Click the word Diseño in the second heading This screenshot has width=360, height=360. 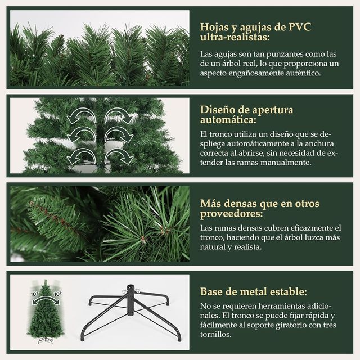(x=218, y=109)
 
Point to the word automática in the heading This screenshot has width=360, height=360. (x=227, y=120)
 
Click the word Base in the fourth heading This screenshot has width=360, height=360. (x=213, y=291)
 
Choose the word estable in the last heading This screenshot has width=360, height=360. (x=287, y=291)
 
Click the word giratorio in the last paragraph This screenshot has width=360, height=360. (x=298, y=325)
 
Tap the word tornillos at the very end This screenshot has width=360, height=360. (x=215, y=334)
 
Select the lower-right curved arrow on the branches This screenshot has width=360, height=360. (x=118, y=155)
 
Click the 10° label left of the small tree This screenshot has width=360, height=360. (x=34, y=294)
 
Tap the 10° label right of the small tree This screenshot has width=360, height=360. (x=57, y=294)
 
